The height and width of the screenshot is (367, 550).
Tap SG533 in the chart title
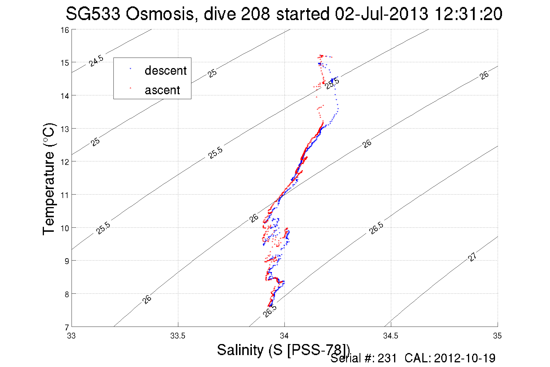click(93, 14)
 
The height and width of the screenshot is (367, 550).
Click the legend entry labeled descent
click(165, 71)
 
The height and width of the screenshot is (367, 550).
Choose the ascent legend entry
click(162, 90)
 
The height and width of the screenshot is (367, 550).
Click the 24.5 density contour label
click(96, 61)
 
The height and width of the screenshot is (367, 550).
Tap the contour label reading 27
click(472, 257)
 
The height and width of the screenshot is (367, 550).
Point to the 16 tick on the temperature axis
click(65, 30)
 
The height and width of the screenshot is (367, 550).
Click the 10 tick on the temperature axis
click(65, 228)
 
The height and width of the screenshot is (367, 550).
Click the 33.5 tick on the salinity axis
click(178, 336)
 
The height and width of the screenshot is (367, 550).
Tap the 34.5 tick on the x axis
click(391, 336)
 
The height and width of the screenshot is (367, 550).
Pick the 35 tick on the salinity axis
click(497, 336)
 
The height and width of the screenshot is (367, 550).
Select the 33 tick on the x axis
click(71, 336)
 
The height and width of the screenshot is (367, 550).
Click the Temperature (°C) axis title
click(49, 179)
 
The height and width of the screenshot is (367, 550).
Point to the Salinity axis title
click(283, 350)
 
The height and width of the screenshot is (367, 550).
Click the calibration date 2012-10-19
click(464, 358)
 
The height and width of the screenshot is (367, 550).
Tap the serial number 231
click(387, 358)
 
